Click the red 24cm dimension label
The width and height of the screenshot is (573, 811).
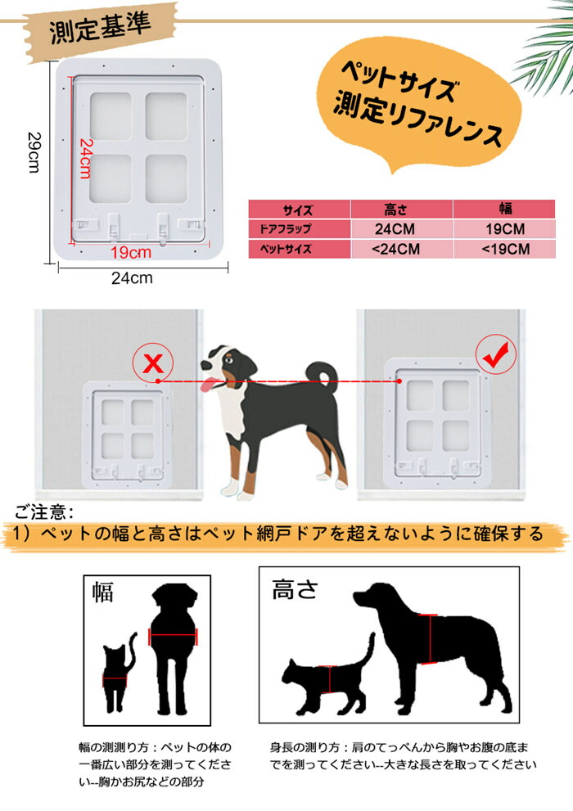pos(85,158)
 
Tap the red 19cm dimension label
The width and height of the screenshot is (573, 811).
pos(131,252)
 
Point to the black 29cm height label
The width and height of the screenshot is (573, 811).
pos(34,152)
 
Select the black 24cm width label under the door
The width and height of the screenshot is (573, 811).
pos(132,277)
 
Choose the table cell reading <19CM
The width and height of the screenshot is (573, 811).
pos(505,249)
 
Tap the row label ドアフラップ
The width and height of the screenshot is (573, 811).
pos(286,228)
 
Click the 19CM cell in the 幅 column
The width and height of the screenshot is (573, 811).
pos(505,228)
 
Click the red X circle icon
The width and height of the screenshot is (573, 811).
pos(152,363)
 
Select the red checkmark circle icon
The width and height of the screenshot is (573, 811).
pos(496,354)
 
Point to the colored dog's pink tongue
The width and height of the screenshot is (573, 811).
pos(210,385)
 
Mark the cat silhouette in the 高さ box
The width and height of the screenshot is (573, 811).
pos(327,678)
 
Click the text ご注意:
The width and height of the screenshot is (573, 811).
pos(44,512)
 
